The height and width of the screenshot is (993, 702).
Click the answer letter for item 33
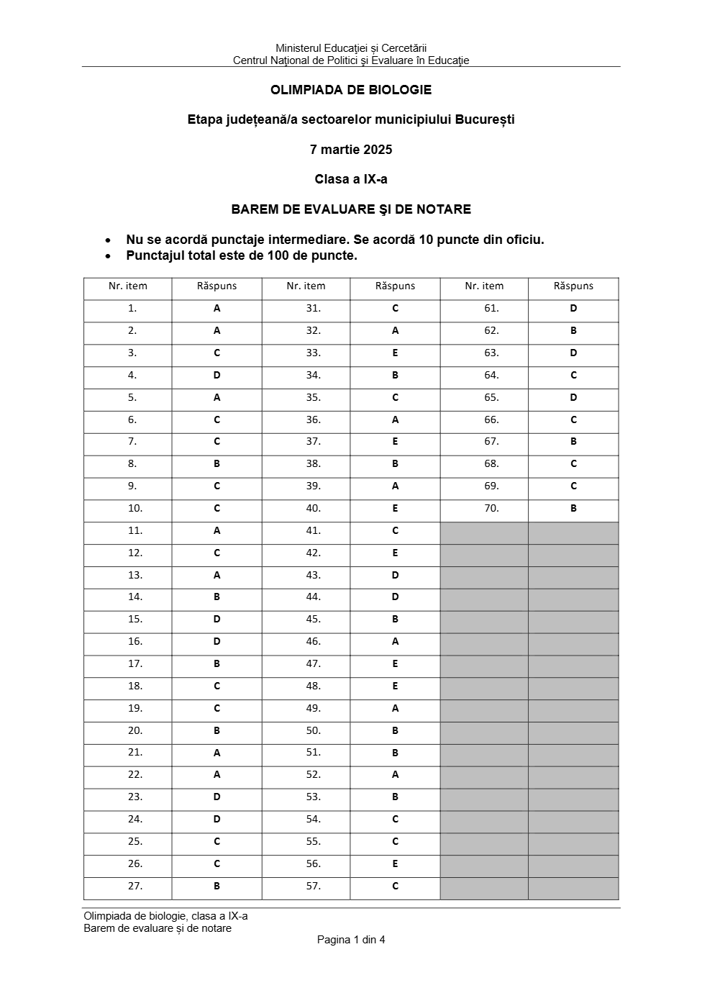pos(395,353)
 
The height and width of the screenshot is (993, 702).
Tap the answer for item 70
pos(573,509)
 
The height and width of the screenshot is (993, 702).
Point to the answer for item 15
pos(216,620)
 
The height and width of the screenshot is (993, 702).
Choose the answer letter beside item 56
pos(395,864)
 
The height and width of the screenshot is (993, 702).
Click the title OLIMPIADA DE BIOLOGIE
pos(351,90)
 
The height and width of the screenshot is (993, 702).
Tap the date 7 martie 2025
pos(351,150)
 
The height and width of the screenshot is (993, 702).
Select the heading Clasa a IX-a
pos(351,179)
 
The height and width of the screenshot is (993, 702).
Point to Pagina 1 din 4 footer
pos(351,940)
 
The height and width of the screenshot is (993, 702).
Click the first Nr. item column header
pos(128,286)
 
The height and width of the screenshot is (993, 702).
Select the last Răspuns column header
pos(573,286)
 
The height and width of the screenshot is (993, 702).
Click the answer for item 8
pos(216,464)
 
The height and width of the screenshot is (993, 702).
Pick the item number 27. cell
pos(135,887)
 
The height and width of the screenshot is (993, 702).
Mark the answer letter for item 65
pos(573,398)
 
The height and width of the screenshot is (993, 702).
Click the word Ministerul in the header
pos(298,48)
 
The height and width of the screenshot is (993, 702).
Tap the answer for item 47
pos(395,664)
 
